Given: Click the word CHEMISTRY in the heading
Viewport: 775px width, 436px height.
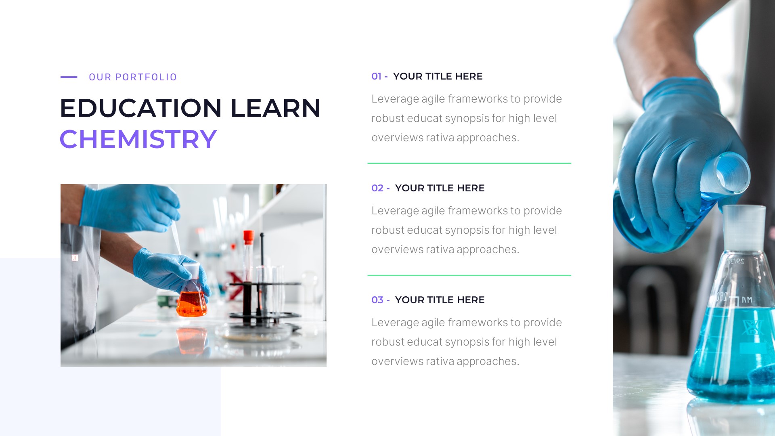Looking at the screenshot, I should coord(138,139).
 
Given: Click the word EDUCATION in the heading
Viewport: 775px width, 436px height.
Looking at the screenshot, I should coord(141,108).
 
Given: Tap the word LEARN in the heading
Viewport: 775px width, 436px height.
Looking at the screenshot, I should coord(275,108).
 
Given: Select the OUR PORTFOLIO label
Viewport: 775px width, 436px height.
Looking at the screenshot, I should coord(133,77).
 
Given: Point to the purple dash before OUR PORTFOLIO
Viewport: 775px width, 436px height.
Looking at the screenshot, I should coord(69,77).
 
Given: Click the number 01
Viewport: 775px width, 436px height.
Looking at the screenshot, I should coord(376,76).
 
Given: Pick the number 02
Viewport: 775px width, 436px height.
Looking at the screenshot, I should coord(377,188).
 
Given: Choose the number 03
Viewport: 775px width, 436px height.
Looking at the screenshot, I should coord(377,300).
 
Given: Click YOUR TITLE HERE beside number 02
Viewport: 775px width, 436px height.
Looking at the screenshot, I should coord(440,188).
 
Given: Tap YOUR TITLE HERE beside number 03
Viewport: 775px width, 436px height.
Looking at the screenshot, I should coord(440,300).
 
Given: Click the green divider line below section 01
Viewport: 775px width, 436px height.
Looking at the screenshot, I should coord(469,163).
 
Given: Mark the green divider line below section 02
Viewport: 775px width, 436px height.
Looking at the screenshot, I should coord(469,275).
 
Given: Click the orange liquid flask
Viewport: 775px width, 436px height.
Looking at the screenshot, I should coord(191,303).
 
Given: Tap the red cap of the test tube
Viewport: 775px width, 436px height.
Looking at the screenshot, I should coord(248,237).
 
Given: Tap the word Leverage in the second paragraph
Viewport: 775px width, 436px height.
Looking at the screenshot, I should coord(395,211).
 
